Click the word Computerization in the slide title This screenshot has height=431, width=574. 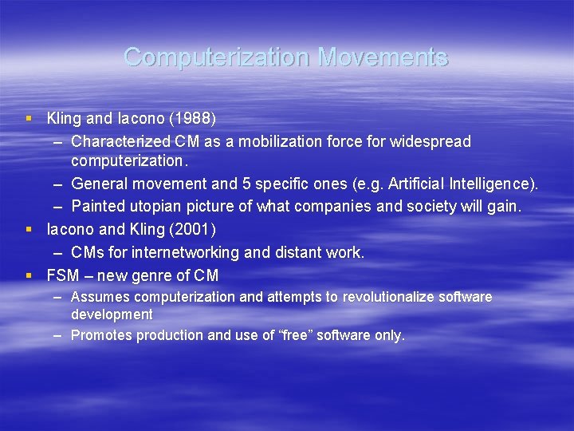217,57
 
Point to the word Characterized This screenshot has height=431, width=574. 117,141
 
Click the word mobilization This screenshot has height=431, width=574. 271,141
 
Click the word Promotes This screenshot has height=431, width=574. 101,335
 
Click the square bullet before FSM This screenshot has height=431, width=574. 29,275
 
